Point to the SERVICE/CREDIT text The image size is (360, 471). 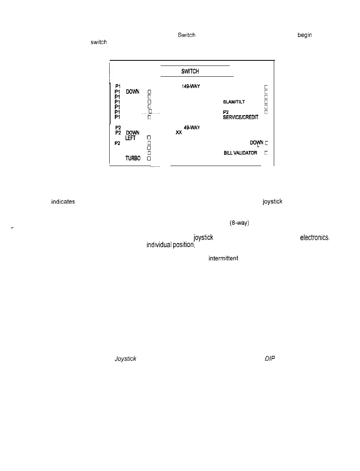click(241, 117)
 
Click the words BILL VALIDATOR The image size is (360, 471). click(240, 153)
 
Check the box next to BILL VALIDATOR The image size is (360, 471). click(266, 153)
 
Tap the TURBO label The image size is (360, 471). click(134, 158)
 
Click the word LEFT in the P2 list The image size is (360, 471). click(130, 138)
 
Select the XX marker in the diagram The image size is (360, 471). click(179, 133)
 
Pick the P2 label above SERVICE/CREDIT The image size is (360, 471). click(226, 112)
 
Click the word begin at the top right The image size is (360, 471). click(305, 35)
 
